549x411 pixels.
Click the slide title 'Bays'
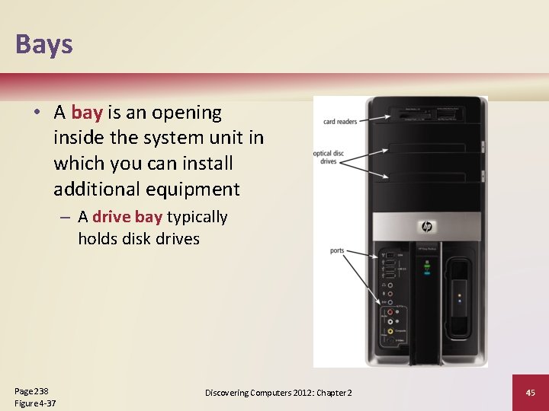click(x=44, y=44)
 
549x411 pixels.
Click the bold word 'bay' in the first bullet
click(x=87, y=113)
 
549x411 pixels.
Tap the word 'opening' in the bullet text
click(x=187, y=113)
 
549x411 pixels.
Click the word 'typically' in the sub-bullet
click(x=197, y=218)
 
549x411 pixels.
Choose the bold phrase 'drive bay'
click(x=127, y=218)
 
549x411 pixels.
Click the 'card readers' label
click(x=340, y=122)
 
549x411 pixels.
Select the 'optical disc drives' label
click(x=329, y=158)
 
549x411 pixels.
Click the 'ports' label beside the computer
click(x=337, y=251)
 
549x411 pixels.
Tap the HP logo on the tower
click(x=426, y=227)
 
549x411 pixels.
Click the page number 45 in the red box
click(x=531, y=392)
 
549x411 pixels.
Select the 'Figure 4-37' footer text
click(x=35, y=403)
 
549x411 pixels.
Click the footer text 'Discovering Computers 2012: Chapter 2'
click(x=278, y=392)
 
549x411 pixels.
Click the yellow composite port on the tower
click(x=391, y=330)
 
